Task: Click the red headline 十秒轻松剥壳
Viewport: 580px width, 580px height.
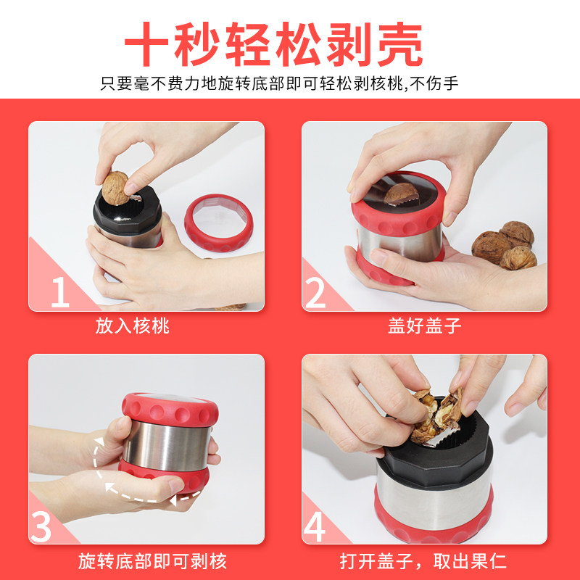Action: point(274,43)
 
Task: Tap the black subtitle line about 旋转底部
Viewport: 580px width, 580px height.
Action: point(279,83)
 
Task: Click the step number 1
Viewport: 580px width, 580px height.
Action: point(60,292)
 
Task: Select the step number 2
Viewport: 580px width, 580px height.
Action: point(315,293)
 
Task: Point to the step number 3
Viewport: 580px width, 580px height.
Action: point(41,526)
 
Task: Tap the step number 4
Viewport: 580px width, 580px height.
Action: point(315,526)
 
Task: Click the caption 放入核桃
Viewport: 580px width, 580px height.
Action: point(133,326)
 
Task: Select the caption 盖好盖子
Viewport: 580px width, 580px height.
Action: point(425,326)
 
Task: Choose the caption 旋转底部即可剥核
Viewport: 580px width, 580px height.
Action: point(152,561)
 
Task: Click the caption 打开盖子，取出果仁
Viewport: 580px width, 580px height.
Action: point(423,561)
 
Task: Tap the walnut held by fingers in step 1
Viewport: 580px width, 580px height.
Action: point(115,188)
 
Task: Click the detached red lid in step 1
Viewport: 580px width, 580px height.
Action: point(219,223)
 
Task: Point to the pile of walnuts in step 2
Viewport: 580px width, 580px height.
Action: point(504,245)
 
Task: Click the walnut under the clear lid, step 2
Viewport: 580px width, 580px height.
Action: point(401,194)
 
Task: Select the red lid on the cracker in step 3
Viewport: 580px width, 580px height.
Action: point(170,410)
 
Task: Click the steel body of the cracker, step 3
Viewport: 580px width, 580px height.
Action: point(167,447)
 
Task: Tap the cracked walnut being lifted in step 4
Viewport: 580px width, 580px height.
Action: point(436,415)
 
